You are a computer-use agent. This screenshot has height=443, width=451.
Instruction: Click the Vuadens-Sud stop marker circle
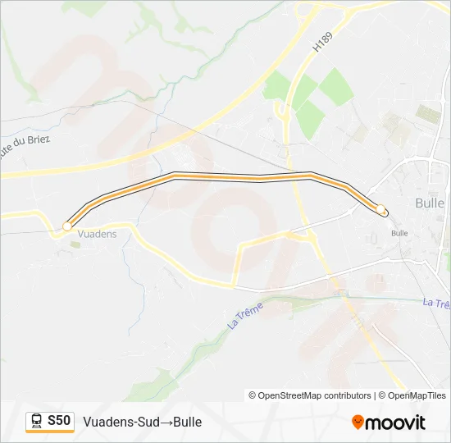[67, 226]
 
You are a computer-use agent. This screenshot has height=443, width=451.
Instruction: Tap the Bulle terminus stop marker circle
[381, 209]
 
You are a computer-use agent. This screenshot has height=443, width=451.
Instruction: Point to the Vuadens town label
[97, 234]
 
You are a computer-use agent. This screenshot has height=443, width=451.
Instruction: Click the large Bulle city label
[430, 203]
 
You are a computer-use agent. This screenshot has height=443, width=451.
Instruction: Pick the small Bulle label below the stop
[399, 233]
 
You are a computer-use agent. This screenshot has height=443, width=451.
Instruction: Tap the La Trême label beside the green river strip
[242, 317]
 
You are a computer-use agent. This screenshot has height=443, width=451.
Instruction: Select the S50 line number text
[59, 421]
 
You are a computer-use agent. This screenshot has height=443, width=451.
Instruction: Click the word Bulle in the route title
[187, 422]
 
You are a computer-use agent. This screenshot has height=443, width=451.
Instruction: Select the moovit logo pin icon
[358, 422]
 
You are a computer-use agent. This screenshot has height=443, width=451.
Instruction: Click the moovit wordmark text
[395, 422]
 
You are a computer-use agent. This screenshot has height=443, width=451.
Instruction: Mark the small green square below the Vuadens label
[75, 244]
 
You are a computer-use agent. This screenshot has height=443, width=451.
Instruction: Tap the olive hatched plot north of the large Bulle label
[428, 113]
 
